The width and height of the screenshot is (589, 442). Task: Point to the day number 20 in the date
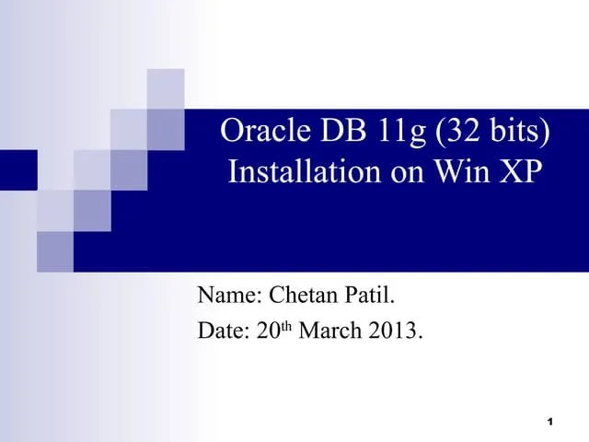coord(267,331)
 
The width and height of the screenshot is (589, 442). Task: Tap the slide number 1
coord(549,423)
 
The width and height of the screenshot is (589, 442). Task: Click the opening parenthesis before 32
coord(444,133)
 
